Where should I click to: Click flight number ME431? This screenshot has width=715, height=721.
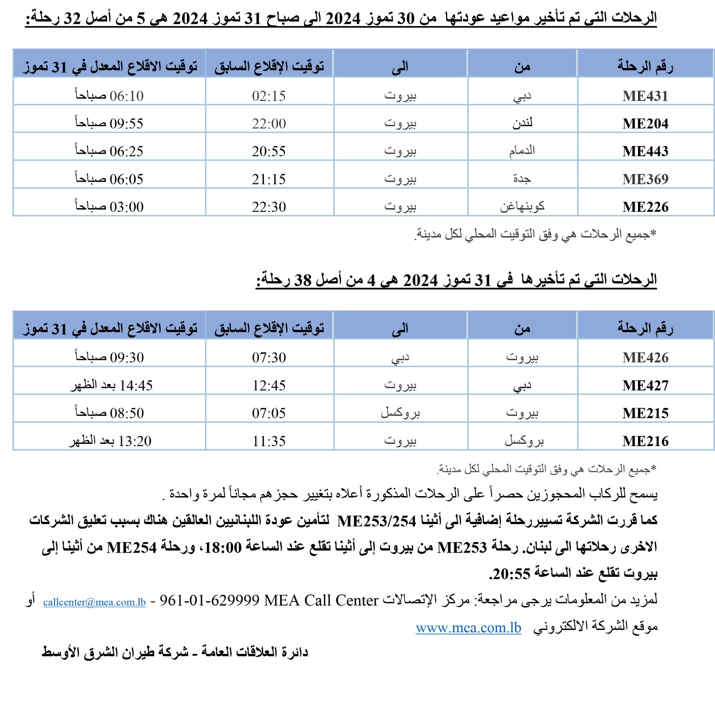coord(645,96)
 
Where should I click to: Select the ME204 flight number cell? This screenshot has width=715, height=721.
coord(645,123)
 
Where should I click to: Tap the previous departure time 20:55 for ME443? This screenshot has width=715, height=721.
coord(269,151)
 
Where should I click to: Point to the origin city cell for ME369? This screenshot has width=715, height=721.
coord(522,179)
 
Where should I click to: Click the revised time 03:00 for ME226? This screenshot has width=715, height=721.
coord(127,207)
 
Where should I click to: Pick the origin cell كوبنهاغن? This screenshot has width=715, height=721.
coord(522,207)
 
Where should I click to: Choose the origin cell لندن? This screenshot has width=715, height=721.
coord(522,123)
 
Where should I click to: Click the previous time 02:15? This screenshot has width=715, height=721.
coord(269,96)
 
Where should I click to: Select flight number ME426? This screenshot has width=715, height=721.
coord(645,358)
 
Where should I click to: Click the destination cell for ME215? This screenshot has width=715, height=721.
coord(400,413)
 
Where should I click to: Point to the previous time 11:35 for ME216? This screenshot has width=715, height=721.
coord(269,441)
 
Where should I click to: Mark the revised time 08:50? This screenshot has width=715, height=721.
coord(127,413)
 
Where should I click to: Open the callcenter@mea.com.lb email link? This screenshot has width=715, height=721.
coord(95,602)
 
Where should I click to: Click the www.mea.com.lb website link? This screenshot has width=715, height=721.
coord(469,628)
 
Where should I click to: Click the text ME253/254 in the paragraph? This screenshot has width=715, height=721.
coord(377,521)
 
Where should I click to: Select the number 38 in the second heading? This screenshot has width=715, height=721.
coord(303,280)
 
